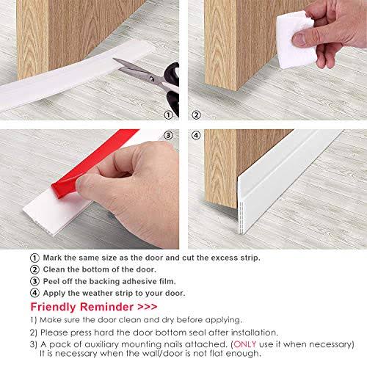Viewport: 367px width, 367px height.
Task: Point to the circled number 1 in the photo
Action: point(168,115)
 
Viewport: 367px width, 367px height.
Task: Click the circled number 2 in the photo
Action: point(196,115)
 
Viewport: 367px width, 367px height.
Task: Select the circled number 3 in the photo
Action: point(168,135)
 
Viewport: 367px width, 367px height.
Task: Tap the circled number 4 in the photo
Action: point(196,135)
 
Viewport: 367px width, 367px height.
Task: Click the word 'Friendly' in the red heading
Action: point(53,308)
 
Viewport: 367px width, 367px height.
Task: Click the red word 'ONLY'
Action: point(245,344)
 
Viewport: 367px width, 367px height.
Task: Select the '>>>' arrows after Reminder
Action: point(148,307)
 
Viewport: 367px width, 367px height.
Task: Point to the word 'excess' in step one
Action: point(224,258)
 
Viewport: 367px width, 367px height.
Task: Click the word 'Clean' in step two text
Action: point(54,269)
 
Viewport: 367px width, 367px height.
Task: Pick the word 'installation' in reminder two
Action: point(254,333)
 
